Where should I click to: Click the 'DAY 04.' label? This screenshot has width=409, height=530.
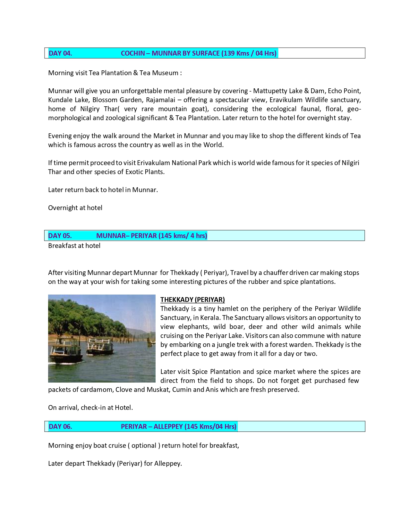(x=60, y=53)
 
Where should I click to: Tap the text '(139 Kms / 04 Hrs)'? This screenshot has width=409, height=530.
(x=249, y=53)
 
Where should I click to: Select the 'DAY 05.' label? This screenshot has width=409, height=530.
(x=60, y=236)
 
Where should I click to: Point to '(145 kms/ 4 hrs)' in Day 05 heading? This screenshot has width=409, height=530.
(x=183, y=236)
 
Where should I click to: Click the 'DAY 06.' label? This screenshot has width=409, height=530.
(x=60, y=427)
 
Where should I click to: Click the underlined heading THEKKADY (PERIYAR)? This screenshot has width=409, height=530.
(x=192, y=300)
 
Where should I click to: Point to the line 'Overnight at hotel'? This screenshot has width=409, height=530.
(x=75, y=208)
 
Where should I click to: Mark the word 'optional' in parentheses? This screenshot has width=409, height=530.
(x=144, y=446)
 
